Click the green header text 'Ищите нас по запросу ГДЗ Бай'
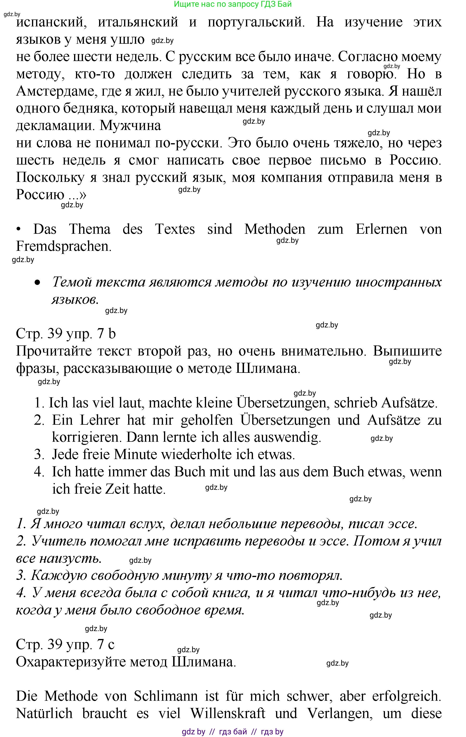click(x=233, y=4)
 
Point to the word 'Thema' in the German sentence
click(x=89, y=229)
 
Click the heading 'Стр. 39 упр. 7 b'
click(x=66, y=334)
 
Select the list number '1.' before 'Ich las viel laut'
click(x=39, y=403)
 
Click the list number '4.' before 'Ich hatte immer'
click(x=39, y=472)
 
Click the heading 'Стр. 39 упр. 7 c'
click(x=65, y=645)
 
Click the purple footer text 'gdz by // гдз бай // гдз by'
click(x=233, y=731)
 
